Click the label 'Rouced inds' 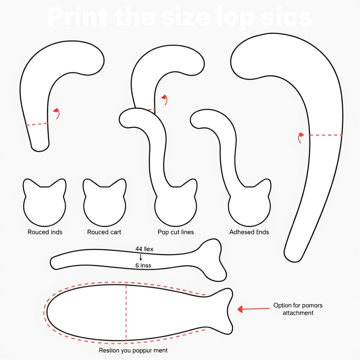point(45,232)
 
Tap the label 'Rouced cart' point(104,232)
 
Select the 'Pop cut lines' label point(176,232)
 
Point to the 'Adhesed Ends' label point(249,232)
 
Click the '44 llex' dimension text point(144,249)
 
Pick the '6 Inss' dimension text point(143,265)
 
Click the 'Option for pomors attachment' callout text point(298,309)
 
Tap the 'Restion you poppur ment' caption point(133,350)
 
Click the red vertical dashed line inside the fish point(126,313)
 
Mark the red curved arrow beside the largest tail point(300,137)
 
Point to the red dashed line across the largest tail point(326,135)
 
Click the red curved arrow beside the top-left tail point(57,113)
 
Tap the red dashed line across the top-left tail point(37,124)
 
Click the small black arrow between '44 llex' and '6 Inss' point(141,257)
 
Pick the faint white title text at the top point(179,18)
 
